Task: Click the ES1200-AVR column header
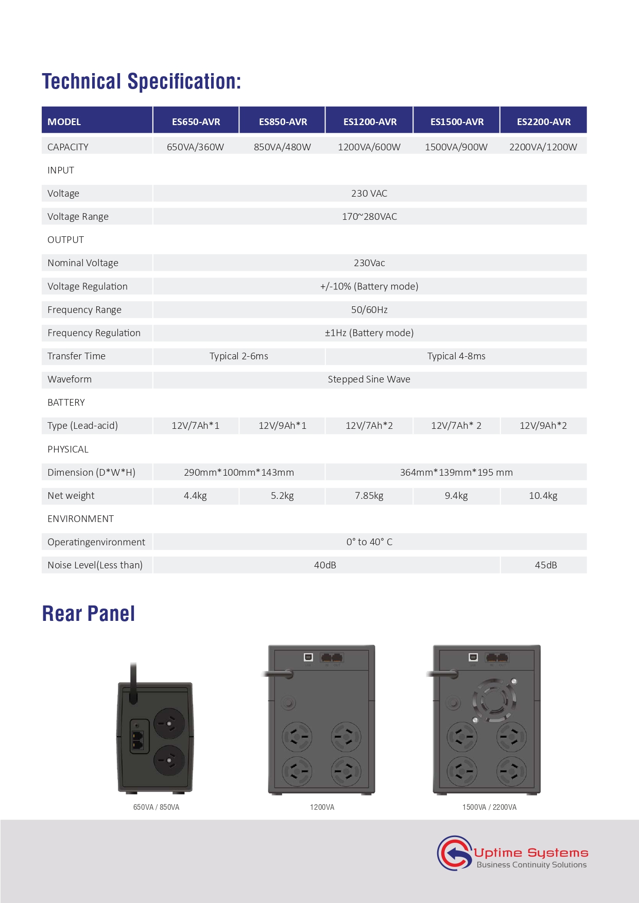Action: pos(370,121)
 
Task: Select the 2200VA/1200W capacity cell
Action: pos(543,147)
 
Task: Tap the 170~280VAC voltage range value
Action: pos(369,216)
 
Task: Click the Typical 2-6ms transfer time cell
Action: pos(239,356)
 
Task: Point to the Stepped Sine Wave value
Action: pos(369,379)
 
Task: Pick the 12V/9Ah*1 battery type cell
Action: pos(282,426)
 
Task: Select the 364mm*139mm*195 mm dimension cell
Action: pos(456,472)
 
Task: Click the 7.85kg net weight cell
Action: pos(369,496)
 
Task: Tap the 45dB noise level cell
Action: pos(545,565)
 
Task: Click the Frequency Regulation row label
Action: pos(94,333)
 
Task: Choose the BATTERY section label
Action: pos(66,403)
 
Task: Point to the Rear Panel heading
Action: pos(89,614)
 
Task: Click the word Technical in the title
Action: pos(81,81)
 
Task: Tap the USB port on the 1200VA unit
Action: pos(308,657)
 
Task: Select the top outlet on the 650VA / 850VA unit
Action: pos(169,723)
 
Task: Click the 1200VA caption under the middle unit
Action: pos(322,807)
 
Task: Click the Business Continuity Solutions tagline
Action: pos(531,865)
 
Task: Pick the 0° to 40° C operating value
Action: pos(369,542)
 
